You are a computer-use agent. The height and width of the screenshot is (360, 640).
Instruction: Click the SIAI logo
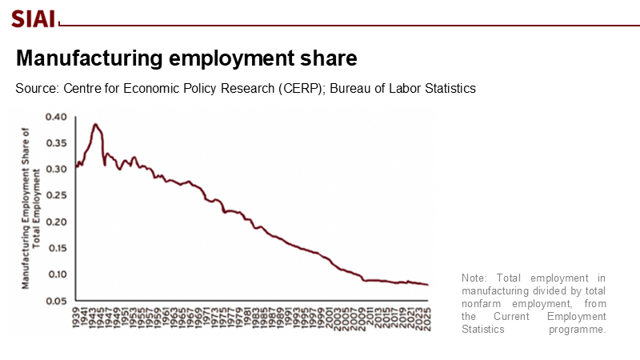coord(33,18)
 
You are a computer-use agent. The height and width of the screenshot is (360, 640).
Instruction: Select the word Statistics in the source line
coord(448,88)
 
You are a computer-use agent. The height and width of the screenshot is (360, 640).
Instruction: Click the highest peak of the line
coord(95,124)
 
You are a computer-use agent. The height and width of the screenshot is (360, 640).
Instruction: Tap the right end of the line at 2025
coord(427,285)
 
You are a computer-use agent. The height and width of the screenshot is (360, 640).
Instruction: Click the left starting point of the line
coord(75,166)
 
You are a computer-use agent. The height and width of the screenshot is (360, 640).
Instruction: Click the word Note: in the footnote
coord(474,278)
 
